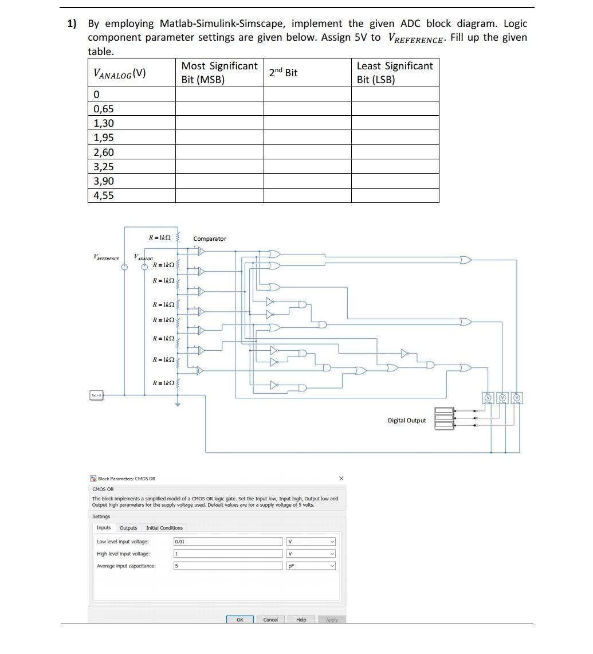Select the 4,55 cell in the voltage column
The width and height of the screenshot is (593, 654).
point(104,195)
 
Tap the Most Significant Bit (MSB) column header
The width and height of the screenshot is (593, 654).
point(219,73)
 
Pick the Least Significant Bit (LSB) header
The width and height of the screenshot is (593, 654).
point(394,73)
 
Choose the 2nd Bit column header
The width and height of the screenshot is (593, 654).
point(283,73)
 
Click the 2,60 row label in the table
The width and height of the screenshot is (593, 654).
point(104,152)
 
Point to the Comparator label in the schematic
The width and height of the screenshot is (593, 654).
point(210,238)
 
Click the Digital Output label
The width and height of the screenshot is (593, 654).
point(406,420)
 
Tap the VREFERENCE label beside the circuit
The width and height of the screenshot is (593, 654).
point(107,259)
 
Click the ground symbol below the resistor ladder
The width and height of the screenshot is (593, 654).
point(178,404)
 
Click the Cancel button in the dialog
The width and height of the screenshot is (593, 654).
point(270,620)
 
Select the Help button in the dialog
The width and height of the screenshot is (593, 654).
point(301,620)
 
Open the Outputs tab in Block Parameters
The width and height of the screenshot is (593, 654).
point(128,528)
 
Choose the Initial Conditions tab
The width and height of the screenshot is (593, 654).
point(164,528)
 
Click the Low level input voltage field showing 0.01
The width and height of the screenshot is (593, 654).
point(228,542)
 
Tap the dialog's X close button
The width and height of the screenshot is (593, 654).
point(341,478)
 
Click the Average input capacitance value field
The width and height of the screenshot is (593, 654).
point(228,566)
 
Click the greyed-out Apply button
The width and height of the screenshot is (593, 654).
point(332,620)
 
